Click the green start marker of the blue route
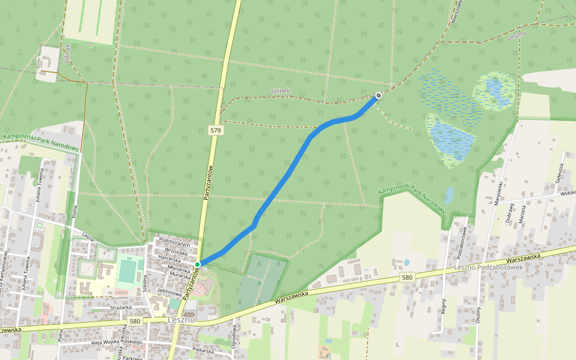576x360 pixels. pyautogui.click(x=197, y=264)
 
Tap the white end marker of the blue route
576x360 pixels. pyautogui.click(x=379, y=95)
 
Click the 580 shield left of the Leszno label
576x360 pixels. pyautogui.click(x=134, y=322)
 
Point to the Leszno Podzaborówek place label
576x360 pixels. pyautogui.click(x=488, y=267)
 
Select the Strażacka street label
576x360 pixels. pyautogui.click(x=121, y=307)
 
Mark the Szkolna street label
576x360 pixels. pyautogui.click(x=145, y=283)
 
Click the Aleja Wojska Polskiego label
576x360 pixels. pyautogui.click(x=116, y=342)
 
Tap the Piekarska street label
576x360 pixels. pyautogui.click(x=203, y=350)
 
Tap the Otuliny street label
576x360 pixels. pyautogui.click(x=479, y=315)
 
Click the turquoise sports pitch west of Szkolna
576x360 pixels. pyautogui.click(x=127, y=271)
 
